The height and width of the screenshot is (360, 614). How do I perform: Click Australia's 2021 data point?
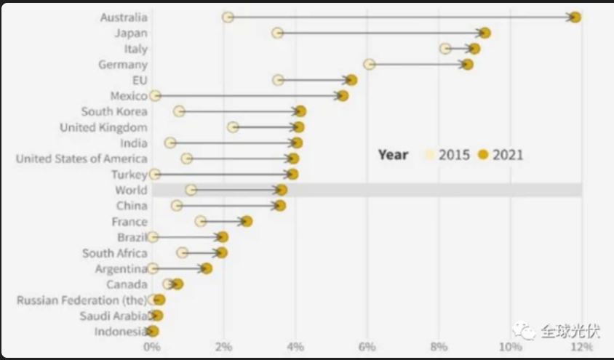(x=575, y=17)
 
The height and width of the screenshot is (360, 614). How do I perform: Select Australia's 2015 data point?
(x=228, y=17)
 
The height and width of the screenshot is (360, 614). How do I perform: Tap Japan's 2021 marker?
(x=485, y=33)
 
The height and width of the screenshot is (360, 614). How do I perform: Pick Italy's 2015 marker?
(x=445, y=49)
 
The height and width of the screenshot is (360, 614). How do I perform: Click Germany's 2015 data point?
(x=370, y=65)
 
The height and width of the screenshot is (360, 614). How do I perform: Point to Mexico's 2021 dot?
(x=343, y=96)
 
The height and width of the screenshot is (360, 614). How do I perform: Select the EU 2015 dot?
(x=278, y=80)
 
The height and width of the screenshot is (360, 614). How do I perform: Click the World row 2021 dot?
(x=282, y=190)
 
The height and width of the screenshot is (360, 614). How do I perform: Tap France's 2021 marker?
(x=247, y=221)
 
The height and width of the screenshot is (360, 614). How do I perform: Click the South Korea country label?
(x=114, y=111)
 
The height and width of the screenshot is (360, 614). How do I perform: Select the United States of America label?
(x=81, y=159)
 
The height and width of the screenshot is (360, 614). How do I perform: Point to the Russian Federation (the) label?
(x=81, y=300)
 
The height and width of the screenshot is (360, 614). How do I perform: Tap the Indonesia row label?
(x=121, y=332)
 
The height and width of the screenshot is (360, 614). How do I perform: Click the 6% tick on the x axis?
(x=367, y=347)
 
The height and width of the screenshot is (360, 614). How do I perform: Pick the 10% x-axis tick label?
(x=509, y=347)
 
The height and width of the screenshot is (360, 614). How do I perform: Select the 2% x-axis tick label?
(x=224, y=347)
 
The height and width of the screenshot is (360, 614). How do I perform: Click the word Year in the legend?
(x=393, y=154)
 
